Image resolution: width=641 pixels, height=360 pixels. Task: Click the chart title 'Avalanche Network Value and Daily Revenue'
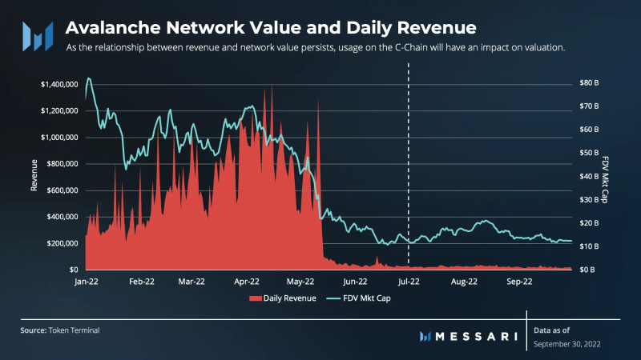271,28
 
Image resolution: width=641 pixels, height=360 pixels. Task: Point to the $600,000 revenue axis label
59,190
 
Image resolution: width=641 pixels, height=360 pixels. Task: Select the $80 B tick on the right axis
589,82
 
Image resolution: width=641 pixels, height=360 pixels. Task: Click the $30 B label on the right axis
589,199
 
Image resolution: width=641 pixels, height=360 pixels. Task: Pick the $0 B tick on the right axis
587,270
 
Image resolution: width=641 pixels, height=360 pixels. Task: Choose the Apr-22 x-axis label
246,282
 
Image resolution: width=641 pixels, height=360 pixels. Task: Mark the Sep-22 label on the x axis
519,282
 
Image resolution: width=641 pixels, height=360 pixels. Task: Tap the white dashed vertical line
409,160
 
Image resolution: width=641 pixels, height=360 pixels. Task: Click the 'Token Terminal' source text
75,330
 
